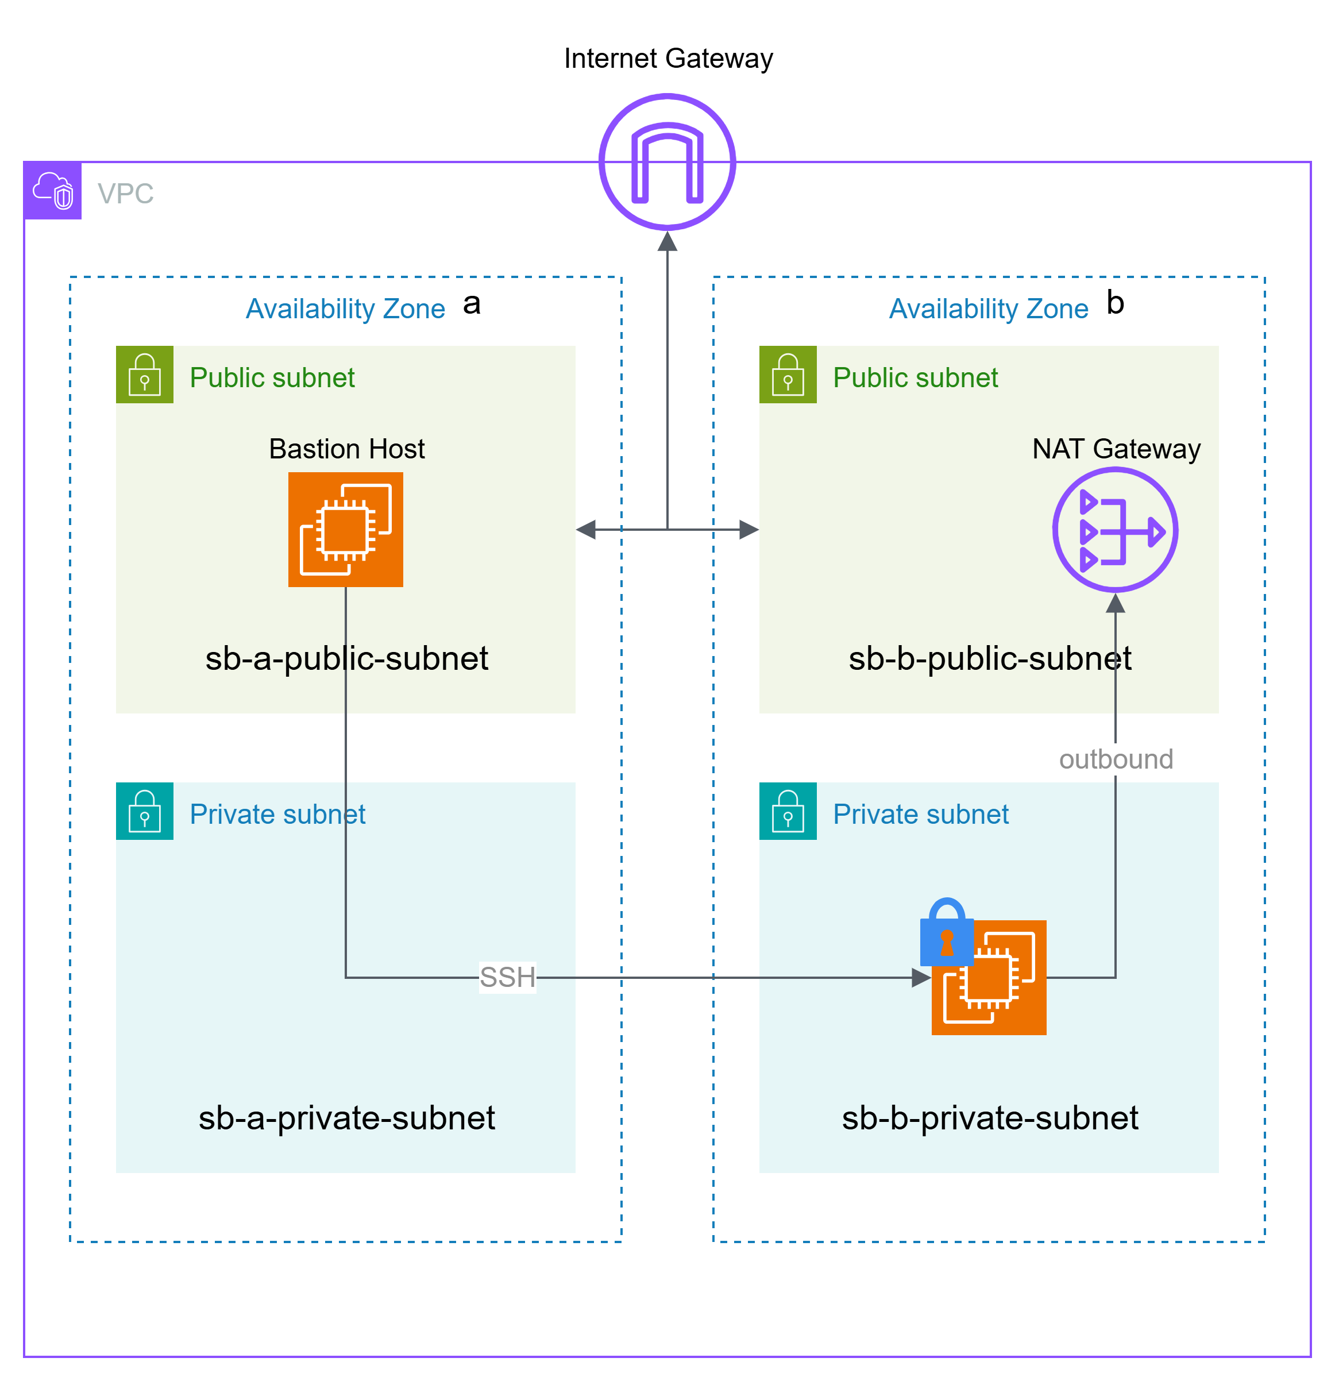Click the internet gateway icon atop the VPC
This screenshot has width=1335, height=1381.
pos(667,162)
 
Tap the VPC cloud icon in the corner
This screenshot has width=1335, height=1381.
pos(53,190)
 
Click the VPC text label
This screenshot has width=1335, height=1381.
pos(125,194)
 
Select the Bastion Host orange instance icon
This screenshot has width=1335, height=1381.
pos(345,529)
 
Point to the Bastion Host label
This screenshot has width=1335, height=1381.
pos(346,449)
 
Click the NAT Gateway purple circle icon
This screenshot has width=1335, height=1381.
pos(1115,530)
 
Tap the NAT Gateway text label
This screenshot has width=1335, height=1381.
pos(1116,449)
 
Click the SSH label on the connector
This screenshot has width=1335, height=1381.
pos(507,977)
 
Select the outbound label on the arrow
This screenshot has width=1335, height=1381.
pos(1116,759)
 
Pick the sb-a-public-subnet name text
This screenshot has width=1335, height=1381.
pos(346,659)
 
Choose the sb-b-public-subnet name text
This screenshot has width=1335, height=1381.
pos(990,659)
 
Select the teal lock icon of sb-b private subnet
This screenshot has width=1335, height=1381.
pos(788,811)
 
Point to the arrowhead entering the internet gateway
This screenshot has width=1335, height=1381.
pos(667,242)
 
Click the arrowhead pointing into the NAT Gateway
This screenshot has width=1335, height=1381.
pos(1115,603)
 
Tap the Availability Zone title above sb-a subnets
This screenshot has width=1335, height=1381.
pos(345,308)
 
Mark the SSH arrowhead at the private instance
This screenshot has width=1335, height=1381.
pos(921,977)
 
